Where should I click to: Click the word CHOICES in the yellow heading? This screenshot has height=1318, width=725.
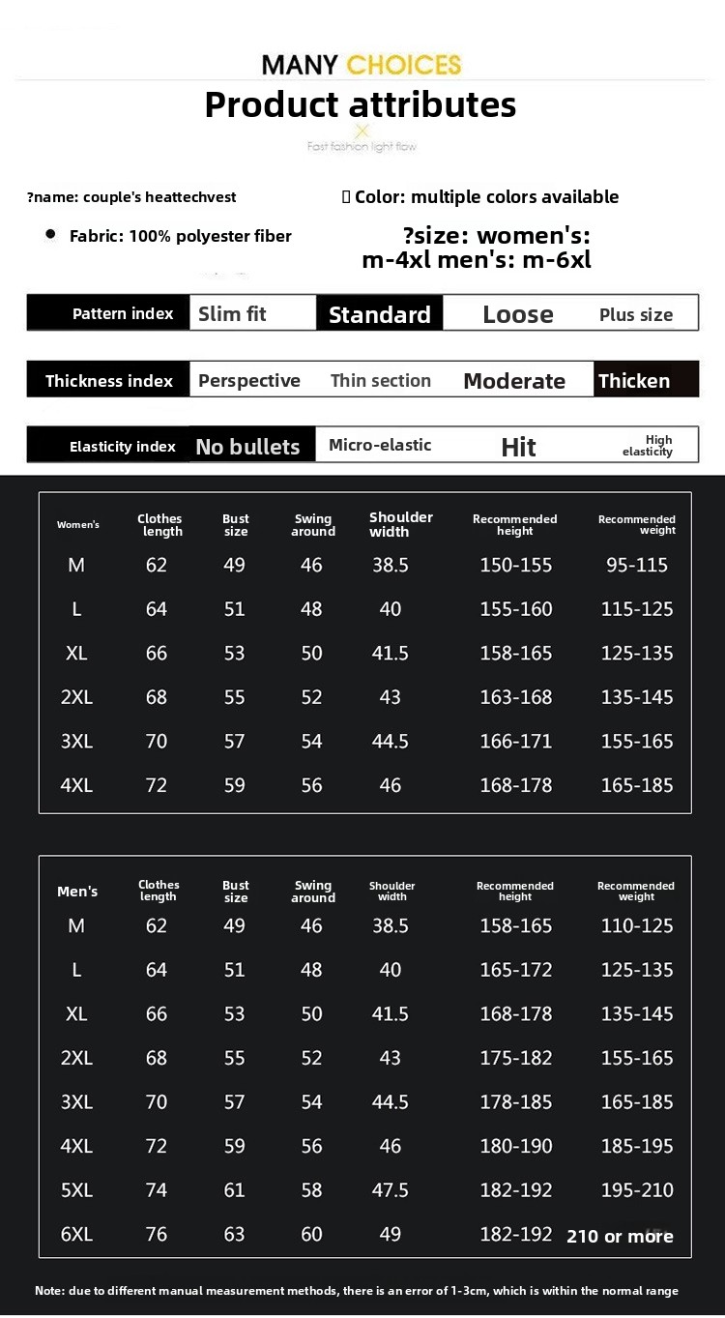[x=403, y=65]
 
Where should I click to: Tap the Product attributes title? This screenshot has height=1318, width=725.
[x=361, y=104]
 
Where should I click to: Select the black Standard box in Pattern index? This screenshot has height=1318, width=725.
[x=379, y=314]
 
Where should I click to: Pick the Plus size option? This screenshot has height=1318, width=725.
[x=636, y=314]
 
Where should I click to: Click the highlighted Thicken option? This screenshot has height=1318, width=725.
[x=634, y=381]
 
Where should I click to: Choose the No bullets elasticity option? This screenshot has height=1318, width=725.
[x=247, y=447]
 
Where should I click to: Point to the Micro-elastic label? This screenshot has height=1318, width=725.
[x=380, y=445]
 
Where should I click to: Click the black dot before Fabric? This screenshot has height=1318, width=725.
[x=50, y=235]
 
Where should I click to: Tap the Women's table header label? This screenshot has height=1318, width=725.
[x=78, y=525]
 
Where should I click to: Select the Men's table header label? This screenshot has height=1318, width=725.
[x=77, y=892]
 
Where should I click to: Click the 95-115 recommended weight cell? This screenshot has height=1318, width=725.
[x=637, y=565]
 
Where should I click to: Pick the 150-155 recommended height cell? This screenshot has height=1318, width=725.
[x=516, y=565]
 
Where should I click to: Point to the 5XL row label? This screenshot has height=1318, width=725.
[x=76, y=1190]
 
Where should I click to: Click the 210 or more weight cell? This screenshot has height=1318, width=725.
[x=620, y=1236]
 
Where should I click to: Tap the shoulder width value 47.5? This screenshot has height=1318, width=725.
[x=391, y=1190]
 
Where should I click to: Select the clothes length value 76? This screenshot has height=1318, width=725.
[x=157, y=1235]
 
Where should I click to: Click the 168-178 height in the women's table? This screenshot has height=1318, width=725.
[x=516, y=785]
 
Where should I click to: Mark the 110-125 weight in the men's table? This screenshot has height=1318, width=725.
[x=637, y=925]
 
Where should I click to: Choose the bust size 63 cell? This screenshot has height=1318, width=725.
[x=235, y=1235]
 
